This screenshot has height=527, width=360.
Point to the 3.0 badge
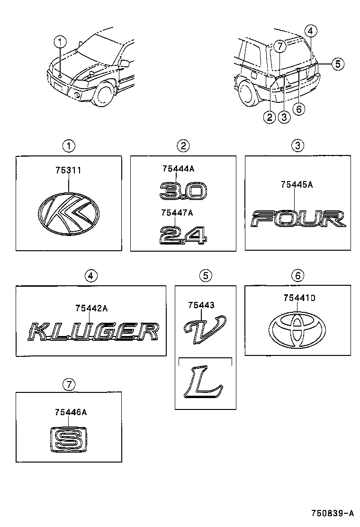coord(183,192)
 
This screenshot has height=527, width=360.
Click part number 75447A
coord(177,213)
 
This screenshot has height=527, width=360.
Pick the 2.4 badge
coord(183,235)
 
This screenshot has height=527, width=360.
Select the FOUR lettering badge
coord(298,219)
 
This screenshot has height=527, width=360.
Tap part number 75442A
coord(91,309)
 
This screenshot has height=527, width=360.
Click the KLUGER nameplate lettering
coord(91,331)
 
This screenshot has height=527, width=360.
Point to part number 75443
coord(201,306)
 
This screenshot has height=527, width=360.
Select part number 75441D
coord(299,298)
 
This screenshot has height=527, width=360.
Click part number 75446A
coord(71,413)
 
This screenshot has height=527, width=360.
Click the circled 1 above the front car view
coord(60,42)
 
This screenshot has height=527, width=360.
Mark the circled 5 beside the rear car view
coord(337,64)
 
